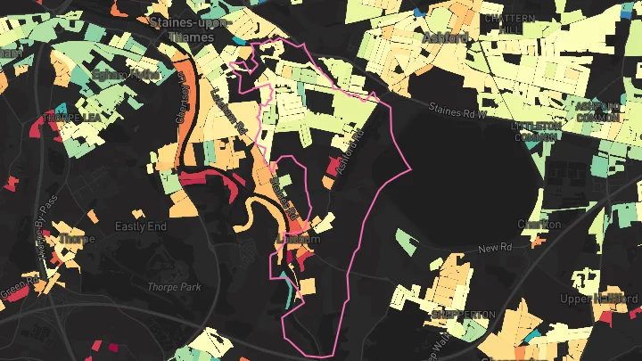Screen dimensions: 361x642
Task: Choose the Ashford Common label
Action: (x=598, y=111)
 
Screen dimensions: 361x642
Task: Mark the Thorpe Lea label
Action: (x=70, y=117)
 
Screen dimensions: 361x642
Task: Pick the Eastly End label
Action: (x=140, y=227)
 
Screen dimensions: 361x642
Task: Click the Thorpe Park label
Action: (x=175, y=287)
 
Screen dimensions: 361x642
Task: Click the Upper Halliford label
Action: (x=599, y=298)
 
